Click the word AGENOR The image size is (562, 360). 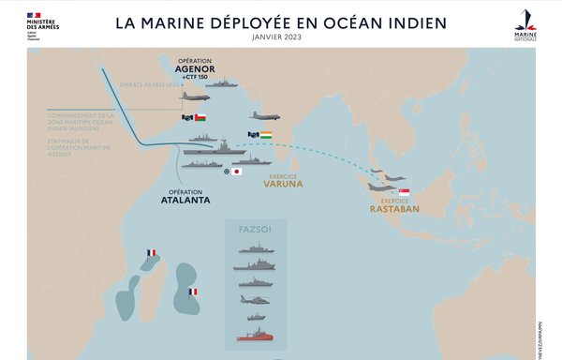coord(195,67)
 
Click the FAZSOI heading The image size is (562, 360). coord(255,230)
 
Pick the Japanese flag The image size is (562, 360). coord(238,172)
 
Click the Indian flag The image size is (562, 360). coord(267,135)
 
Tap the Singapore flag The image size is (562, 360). coord(404,192)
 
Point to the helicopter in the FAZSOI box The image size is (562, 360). coord(255,300)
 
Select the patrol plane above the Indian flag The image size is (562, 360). coord(265,116)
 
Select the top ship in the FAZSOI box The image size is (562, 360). coord(255,248)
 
